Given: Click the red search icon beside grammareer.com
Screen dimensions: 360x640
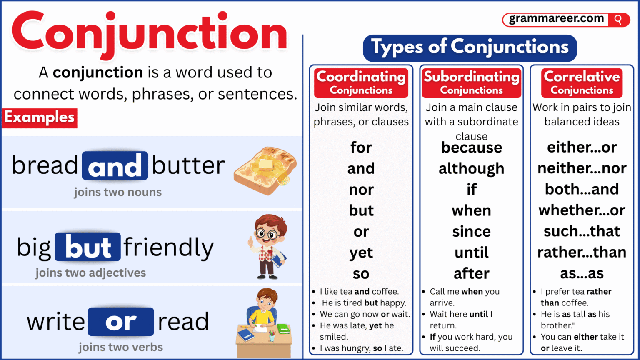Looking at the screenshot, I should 618,20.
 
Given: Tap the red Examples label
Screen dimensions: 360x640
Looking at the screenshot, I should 40,117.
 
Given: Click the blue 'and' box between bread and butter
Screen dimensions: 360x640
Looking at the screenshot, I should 115,166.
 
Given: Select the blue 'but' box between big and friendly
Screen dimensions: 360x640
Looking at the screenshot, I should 88,247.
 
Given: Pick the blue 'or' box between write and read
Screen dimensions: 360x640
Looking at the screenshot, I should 121,322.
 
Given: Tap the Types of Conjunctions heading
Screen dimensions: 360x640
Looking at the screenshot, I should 470,47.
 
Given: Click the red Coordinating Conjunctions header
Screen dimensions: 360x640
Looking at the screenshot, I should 361,82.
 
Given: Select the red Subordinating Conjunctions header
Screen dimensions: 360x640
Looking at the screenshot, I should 471,82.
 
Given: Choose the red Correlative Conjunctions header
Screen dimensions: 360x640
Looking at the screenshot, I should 582,82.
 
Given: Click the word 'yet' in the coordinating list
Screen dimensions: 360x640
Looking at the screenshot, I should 361,252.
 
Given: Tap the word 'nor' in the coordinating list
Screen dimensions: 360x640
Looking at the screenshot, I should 361,190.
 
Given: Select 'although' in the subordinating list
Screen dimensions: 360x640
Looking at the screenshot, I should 471,168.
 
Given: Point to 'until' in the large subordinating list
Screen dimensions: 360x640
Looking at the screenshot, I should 471,252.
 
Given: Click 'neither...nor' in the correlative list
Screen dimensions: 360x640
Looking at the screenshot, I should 582,168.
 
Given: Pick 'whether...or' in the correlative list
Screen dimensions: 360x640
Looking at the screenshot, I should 582,210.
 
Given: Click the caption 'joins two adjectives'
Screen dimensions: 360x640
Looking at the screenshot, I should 90,273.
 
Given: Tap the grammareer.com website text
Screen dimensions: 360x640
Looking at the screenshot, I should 556,19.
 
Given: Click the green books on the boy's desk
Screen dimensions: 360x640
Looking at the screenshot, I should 283,329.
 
